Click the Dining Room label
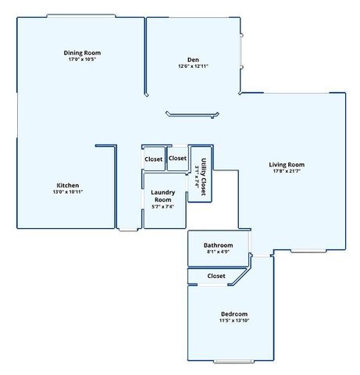click(82, 53)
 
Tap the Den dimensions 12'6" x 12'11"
click(193, 66)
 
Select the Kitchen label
click(67, 185)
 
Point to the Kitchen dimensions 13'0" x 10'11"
click(67, 192)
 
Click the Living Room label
click(287, 165)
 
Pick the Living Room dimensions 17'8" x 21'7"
click(287, 172)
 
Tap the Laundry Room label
click(162, 196)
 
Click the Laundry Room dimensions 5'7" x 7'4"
click(162, 206)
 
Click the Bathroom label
click(218, 245)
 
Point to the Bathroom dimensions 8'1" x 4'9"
click(218, 252)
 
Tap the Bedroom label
click(233, 313)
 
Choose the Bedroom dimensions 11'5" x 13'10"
click(233, 320)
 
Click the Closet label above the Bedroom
click(216, 276)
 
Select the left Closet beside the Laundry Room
click(154, 159)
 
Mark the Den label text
click(193, 59)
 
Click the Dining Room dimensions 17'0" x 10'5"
click(82, 59)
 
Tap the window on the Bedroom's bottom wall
click(234, 362)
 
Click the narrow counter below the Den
click(191, 116)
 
